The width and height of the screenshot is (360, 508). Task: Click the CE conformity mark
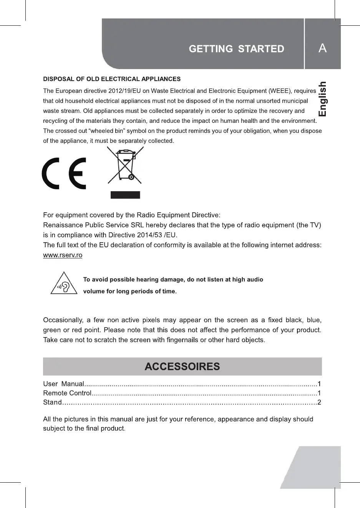pos(64,173)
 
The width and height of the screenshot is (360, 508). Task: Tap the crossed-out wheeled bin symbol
pos(125,165)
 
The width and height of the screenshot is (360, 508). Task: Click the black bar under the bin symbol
pos(125,195)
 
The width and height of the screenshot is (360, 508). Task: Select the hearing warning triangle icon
pos(64,284)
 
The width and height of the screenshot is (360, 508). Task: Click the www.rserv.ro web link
pos(63,255)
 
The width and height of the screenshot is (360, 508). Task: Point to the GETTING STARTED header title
pos(236,49)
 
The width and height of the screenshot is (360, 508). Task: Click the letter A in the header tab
pos(322,48)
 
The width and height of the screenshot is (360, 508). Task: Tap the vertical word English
pos(322,99)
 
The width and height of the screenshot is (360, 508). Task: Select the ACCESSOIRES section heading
pos(182,367)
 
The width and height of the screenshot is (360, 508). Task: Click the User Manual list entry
pos(64,384)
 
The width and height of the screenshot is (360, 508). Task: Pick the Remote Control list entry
pos(67,393)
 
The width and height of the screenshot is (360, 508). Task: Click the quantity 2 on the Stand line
pos(319,402)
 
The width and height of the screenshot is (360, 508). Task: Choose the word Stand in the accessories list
pos(52,402)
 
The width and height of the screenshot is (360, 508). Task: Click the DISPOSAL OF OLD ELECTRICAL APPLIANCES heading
pos(112,79)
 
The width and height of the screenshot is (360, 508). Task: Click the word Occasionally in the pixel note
pos(63,320)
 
